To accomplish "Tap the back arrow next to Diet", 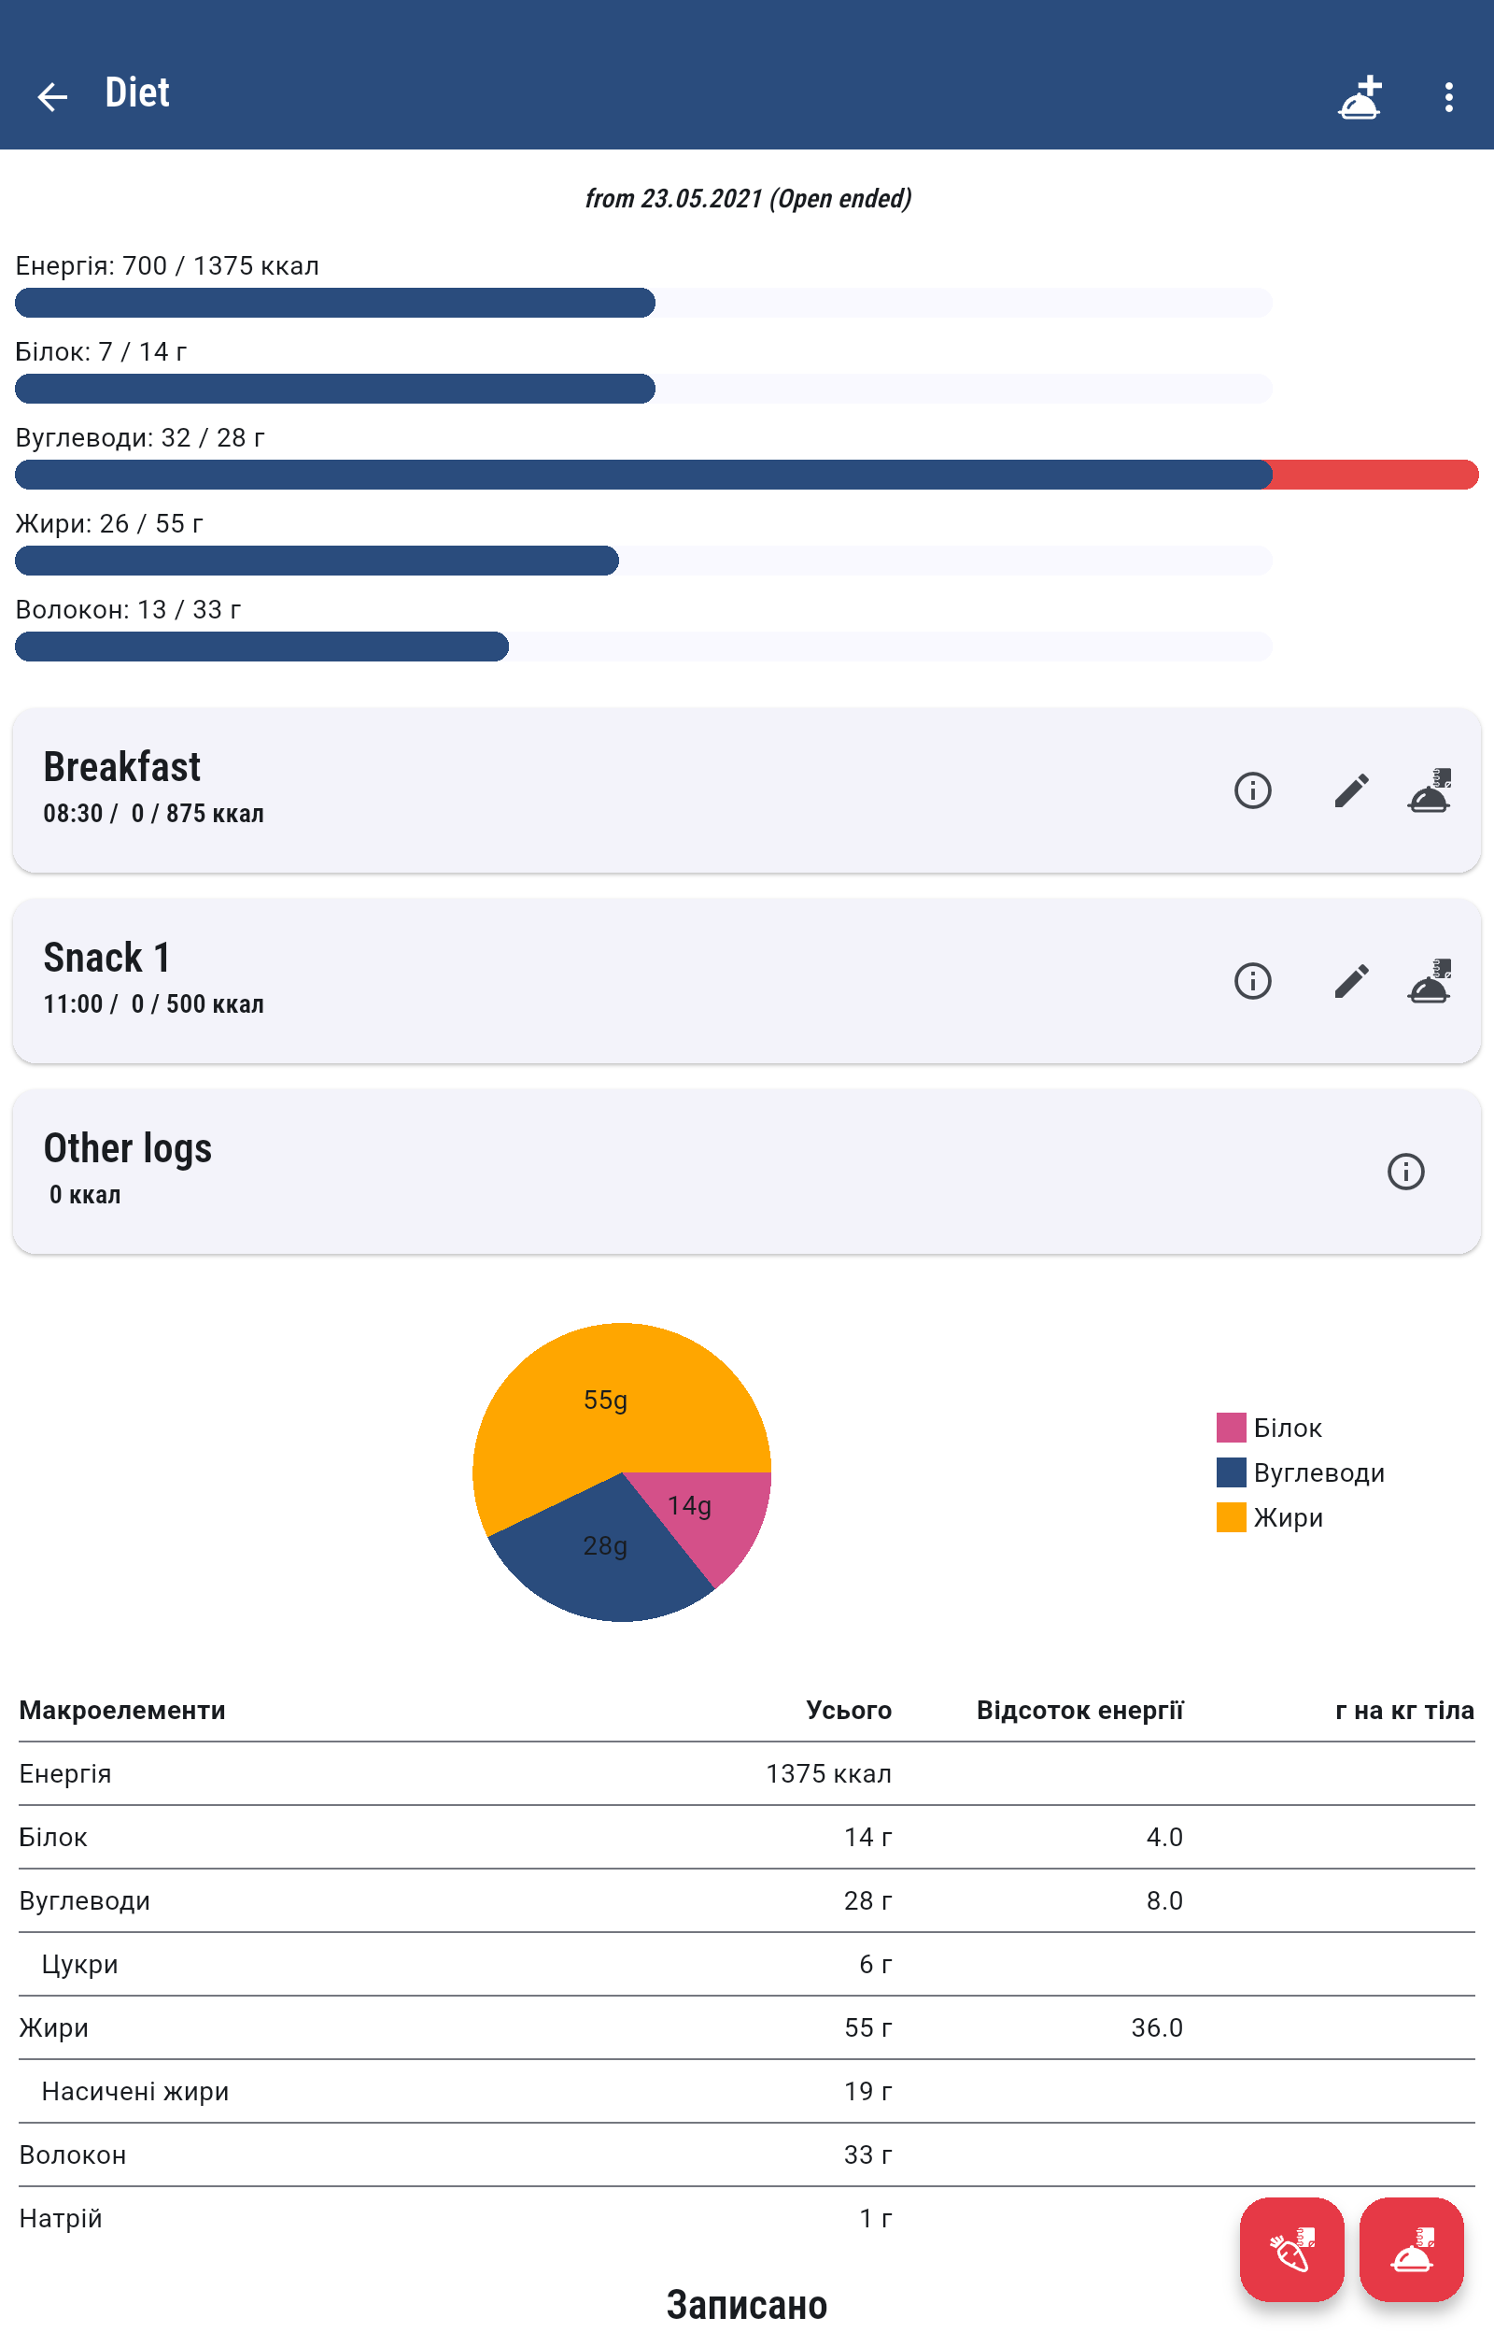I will (52, 96).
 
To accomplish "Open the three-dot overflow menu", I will (1447, 96).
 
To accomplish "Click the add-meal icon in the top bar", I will (1360, 97).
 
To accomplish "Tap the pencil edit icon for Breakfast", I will (1350, 790).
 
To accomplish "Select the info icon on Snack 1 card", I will (1252, 980).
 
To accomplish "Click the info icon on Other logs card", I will (1404, 1171).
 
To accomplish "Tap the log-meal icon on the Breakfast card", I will (1429, 790).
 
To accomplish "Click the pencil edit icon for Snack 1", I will (1350, 980).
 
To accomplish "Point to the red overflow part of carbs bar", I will (1374, 475).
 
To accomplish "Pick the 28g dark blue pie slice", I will (606, 1553).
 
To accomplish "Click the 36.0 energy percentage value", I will (1156, 2027).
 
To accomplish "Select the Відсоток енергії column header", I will (1078, 1710).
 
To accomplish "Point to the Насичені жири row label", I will (134, 2090).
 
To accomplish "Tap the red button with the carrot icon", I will (1291, 2249).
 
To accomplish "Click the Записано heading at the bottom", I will (746, 2304).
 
